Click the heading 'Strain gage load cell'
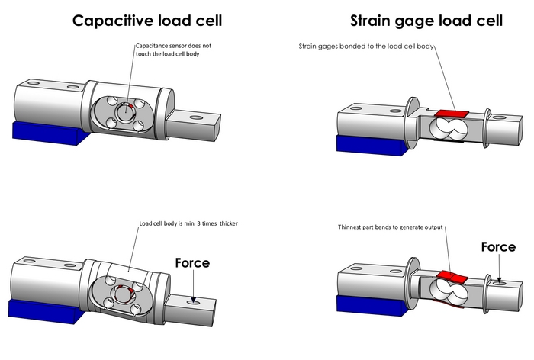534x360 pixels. point(426,21)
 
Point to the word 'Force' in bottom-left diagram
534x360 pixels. point(192,262)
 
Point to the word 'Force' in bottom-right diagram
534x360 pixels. point(499,247)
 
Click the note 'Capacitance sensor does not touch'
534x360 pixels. point(172,50)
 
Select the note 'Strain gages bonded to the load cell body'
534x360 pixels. point(365,47)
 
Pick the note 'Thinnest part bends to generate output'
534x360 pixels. point(391,227)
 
